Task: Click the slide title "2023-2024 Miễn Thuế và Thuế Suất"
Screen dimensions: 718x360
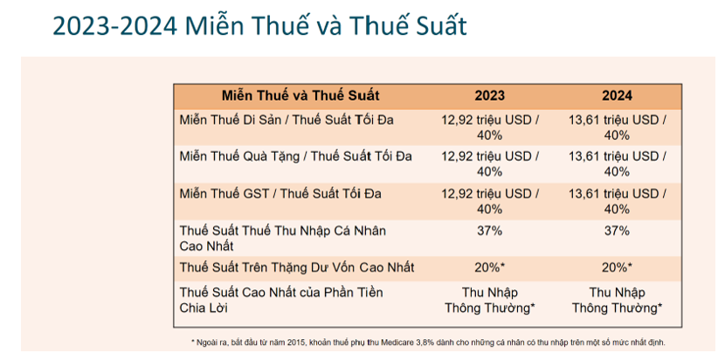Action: (259, 25)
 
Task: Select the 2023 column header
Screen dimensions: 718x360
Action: (489, 96)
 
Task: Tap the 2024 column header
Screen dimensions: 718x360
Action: (617, 96)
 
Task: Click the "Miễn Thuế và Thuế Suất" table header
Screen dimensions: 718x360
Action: (300, 96)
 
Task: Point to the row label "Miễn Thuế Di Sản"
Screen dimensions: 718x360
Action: (230, 120)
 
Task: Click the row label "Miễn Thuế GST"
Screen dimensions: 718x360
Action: (224, 194)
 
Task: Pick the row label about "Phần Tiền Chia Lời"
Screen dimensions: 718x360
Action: (281, 300)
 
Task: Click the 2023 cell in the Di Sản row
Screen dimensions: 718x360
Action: (489, 128)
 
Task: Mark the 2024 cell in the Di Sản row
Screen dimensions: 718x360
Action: (618, 128)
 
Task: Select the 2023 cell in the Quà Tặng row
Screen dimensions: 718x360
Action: (489, 164)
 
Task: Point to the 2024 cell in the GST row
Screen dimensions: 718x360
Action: (618, 201)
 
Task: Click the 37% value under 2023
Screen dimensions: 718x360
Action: (489, 231)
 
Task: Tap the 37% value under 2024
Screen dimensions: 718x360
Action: (617, 231)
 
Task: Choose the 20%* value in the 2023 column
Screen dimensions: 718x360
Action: (489, 267)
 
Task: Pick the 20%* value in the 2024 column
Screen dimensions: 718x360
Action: (617, 267)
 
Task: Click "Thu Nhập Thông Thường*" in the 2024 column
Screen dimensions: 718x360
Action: (617, 301)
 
